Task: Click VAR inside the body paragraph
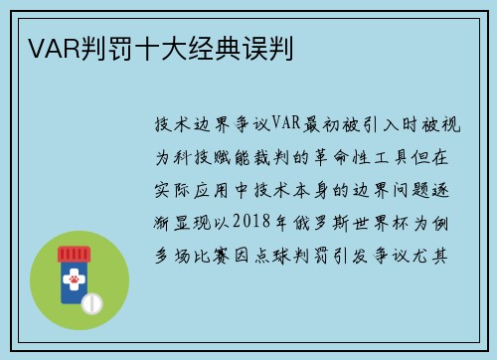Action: point(285,125)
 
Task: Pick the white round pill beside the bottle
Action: point(91,301)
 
